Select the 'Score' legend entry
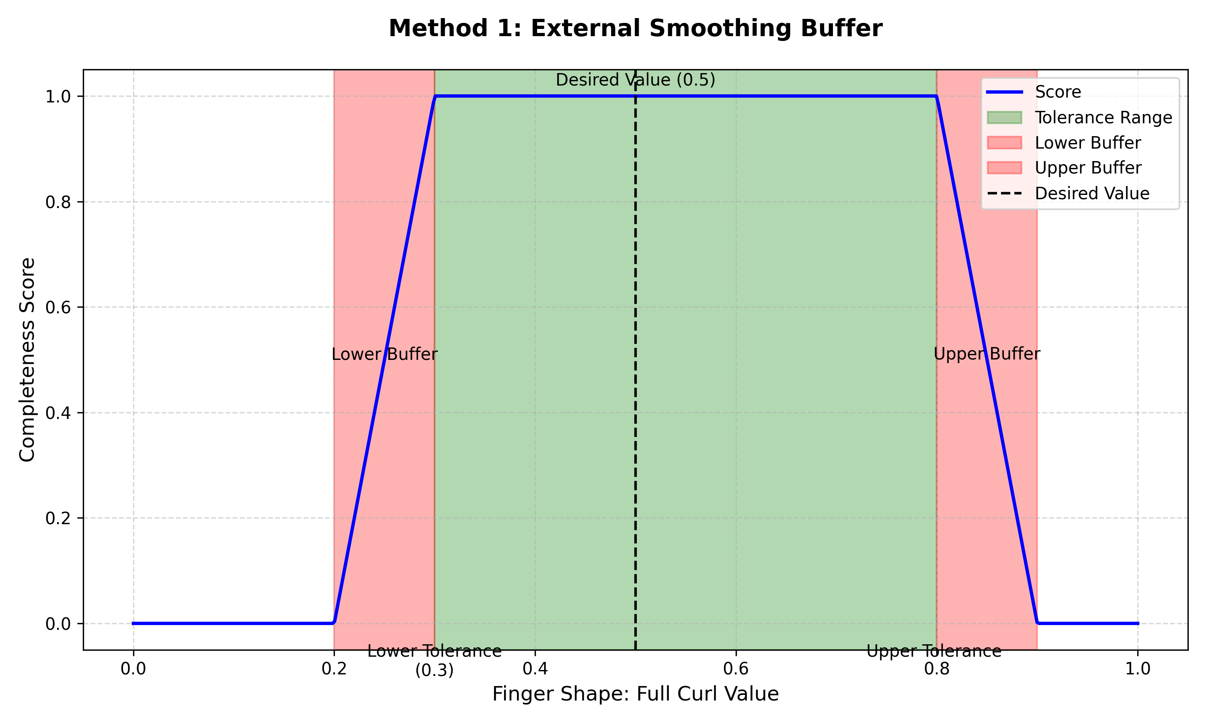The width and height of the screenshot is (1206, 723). coord(1058,92)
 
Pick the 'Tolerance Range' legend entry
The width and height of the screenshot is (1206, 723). coord(1103,117)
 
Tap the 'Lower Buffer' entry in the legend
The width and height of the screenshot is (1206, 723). coord(1087,143)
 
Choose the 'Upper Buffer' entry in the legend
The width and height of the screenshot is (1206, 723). coord(1087,168)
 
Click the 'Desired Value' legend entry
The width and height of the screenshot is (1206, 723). coord(1092,194)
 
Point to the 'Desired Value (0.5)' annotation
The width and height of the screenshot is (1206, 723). coord(635,80)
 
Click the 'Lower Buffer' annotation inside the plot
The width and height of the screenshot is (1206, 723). coord(384,354)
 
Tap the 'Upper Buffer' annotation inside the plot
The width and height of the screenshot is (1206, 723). coord(987,354)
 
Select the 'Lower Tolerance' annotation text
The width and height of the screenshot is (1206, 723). coord(434,652)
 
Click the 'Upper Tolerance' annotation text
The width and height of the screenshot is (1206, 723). coord(933,652)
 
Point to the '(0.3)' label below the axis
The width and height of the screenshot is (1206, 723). coord(434,670)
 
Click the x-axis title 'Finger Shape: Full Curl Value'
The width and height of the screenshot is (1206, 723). coord(635,694)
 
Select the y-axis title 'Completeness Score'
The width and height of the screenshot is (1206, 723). coord(27,359)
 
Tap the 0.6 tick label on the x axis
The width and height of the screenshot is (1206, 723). coord(736,669)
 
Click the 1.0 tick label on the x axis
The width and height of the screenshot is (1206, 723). coord(1138,669)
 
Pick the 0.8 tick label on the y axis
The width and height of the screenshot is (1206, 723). coord(58,202)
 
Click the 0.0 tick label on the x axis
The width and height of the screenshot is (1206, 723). coord(133,669)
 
